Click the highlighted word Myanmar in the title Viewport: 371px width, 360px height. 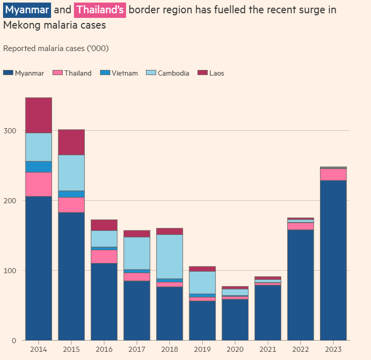[x=27, y=10]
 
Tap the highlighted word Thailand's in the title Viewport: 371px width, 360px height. [x=100, y=10]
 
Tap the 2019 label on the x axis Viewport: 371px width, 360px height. [x=202, y=350]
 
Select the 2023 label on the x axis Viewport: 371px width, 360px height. [x=333, y=350]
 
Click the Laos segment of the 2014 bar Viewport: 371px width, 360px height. [x=39, y=115]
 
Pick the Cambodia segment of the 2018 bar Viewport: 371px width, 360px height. [x=169, y=256]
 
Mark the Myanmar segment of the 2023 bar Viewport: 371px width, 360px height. [x=333, y=260]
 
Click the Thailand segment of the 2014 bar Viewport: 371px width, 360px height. [x=39, y=184]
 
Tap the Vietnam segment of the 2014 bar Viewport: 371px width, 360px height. [x=39, y=167]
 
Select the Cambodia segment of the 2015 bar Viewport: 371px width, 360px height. [x=71, y=173]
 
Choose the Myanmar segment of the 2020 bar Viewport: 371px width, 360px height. [x=235, y=320]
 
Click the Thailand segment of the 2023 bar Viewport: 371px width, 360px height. [x=333, y=174]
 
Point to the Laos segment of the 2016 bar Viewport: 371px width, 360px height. [x=104, y=225]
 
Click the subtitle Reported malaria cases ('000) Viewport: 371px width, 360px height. [x=56, y=49]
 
